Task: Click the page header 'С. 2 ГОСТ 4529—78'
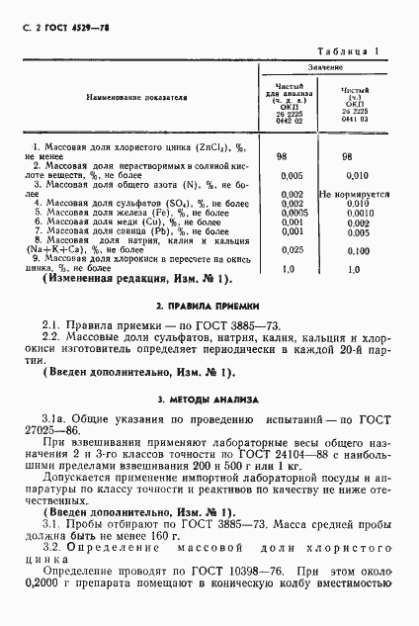57,28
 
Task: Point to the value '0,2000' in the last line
47,600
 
